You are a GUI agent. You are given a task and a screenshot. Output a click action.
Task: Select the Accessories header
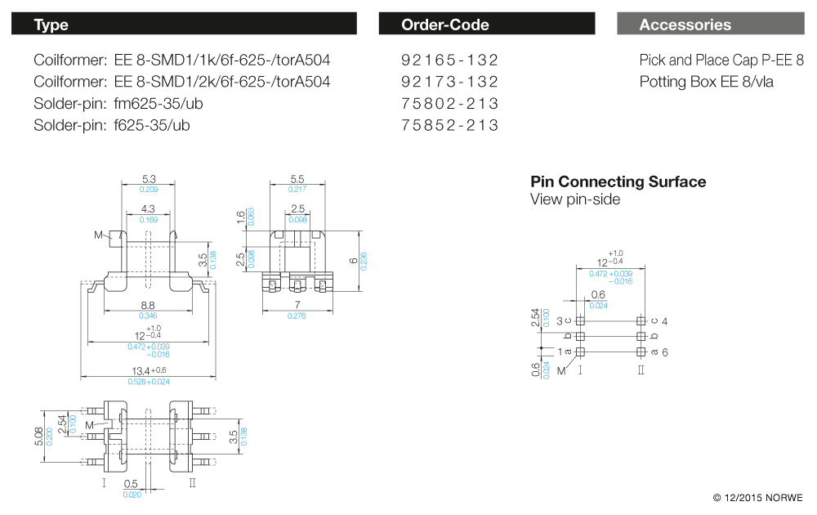[x=710, y=25]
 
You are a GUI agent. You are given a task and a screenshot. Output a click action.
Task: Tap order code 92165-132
[x=449, y=60]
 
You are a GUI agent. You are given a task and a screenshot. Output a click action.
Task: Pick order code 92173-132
[x=449, y=82]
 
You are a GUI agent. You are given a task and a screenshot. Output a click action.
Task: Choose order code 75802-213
[x=449, y=104]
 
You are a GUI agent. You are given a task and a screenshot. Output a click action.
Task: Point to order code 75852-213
[x=449, y=125]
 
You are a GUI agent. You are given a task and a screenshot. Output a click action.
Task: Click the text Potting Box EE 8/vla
[x=706, y=82]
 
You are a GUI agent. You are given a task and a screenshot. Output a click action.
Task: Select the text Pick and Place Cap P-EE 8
[x=721, y=60]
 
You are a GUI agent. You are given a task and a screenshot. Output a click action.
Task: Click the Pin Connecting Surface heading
[x=618, y=181]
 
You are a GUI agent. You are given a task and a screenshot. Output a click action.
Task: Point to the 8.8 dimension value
[x=148, y=304]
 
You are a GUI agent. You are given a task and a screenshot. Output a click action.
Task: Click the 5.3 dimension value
[x=148, y=178]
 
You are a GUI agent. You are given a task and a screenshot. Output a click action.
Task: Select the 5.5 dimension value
[x=297, y=178]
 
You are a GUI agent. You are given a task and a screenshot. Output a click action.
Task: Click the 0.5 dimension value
[x=132, y=484]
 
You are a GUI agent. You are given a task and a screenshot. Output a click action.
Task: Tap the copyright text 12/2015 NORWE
[x=757, y=498]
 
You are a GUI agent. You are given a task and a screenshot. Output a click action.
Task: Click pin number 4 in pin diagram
[x=665, y=321]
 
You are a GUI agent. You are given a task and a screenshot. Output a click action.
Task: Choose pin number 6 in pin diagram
[x=665, y=352]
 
